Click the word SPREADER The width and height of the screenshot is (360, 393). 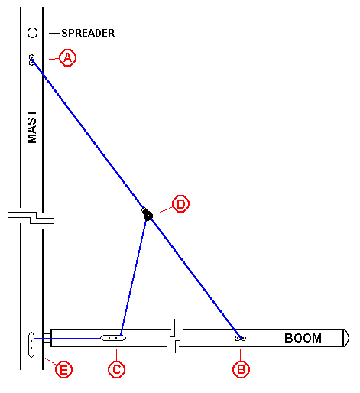point(88,33)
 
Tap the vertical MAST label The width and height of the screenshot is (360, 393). point(32,127)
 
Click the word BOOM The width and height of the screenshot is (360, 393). point(303,338)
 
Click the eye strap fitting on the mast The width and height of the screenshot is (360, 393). point(31,60)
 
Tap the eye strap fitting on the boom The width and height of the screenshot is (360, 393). point(240,338)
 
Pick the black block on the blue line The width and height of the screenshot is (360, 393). point(148,215)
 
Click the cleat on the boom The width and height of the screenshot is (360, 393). point(113,338)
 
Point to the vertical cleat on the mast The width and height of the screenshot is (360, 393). point(31,345)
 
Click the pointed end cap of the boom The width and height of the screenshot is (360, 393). point(346,338)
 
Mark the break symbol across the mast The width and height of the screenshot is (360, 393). point(31,218)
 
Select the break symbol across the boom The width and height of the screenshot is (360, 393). point(175,336)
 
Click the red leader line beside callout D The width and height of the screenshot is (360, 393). point(165,210)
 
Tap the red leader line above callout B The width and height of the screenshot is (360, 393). point(240,355)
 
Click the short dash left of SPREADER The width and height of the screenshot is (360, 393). point(54,33)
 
